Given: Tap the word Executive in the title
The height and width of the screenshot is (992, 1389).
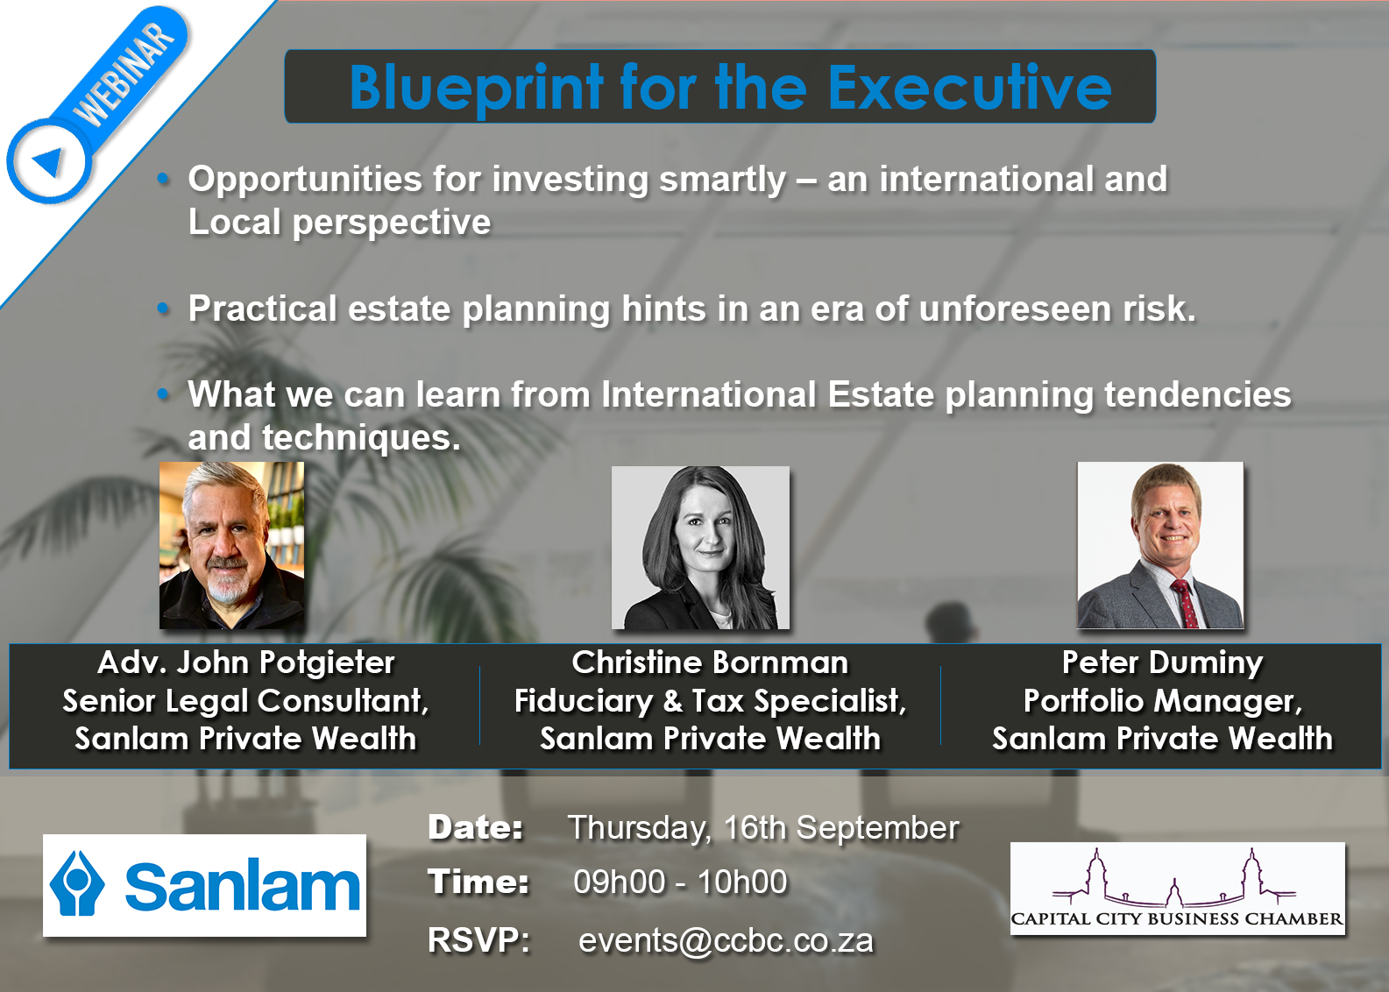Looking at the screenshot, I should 969,88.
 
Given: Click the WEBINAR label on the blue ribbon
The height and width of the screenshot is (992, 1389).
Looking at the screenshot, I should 125,74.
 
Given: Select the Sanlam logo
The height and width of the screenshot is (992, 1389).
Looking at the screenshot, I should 204,885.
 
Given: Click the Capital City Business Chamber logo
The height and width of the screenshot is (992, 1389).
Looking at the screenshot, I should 1177,889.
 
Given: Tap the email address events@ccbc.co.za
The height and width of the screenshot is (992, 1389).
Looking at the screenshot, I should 726,940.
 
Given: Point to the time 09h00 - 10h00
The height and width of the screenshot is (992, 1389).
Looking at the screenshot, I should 680,882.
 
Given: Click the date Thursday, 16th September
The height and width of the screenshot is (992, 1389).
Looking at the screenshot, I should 762,827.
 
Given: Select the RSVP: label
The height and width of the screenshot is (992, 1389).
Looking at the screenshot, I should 478,940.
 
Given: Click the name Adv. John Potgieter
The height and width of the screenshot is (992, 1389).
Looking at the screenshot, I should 246,663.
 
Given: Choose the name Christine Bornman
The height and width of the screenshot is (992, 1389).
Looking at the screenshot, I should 710,663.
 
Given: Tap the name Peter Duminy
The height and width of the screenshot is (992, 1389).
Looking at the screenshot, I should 1162,663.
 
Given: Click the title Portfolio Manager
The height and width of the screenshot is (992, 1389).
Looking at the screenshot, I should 1162,701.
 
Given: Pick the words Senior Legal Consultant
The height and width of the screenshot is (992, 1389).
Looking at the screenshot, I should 245,701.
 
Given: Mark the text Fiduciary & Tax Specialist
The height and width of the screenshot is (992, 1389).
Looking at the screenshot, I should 710,701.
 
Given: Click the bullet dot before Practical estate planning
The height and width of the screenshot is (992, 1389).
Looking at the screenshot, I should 162,308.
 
